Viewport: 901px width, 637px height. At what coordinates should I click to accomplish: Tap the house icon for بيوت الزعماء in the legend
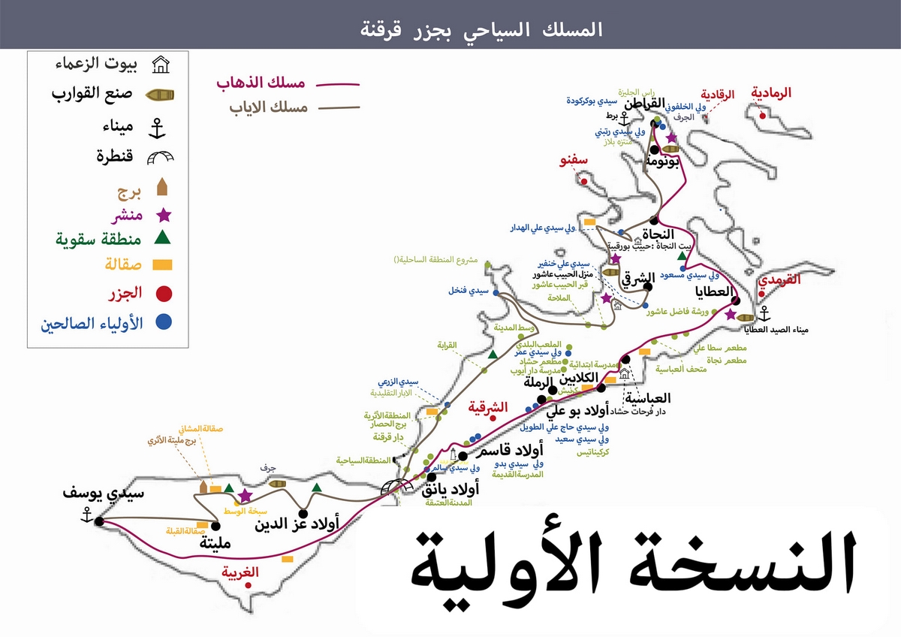click(x=160, y=65)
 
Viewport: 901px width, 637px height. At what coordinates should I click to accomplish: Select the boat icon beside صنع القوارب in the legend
click(x=160, y=95)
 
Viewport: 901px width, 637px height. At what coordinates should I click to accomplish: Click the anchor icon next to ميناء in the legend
click(x=158, y=128)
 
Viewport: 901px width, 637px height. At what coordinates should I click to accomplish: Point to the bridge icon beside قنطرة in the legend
click(x=160, y=158)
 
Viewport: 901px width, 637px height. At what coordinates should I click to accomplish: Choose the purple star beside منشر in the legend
click(x=163, y=215)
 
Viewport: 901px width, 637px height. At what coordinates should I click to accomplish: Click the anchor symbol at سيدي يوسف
click(x=86, y=515)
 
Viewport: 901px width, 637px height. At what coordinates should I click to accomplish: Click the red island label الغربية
click(x=240, y=572)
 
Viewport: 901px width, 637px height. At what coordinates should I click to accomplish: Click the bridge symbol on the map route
click(x=397, y=486)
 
